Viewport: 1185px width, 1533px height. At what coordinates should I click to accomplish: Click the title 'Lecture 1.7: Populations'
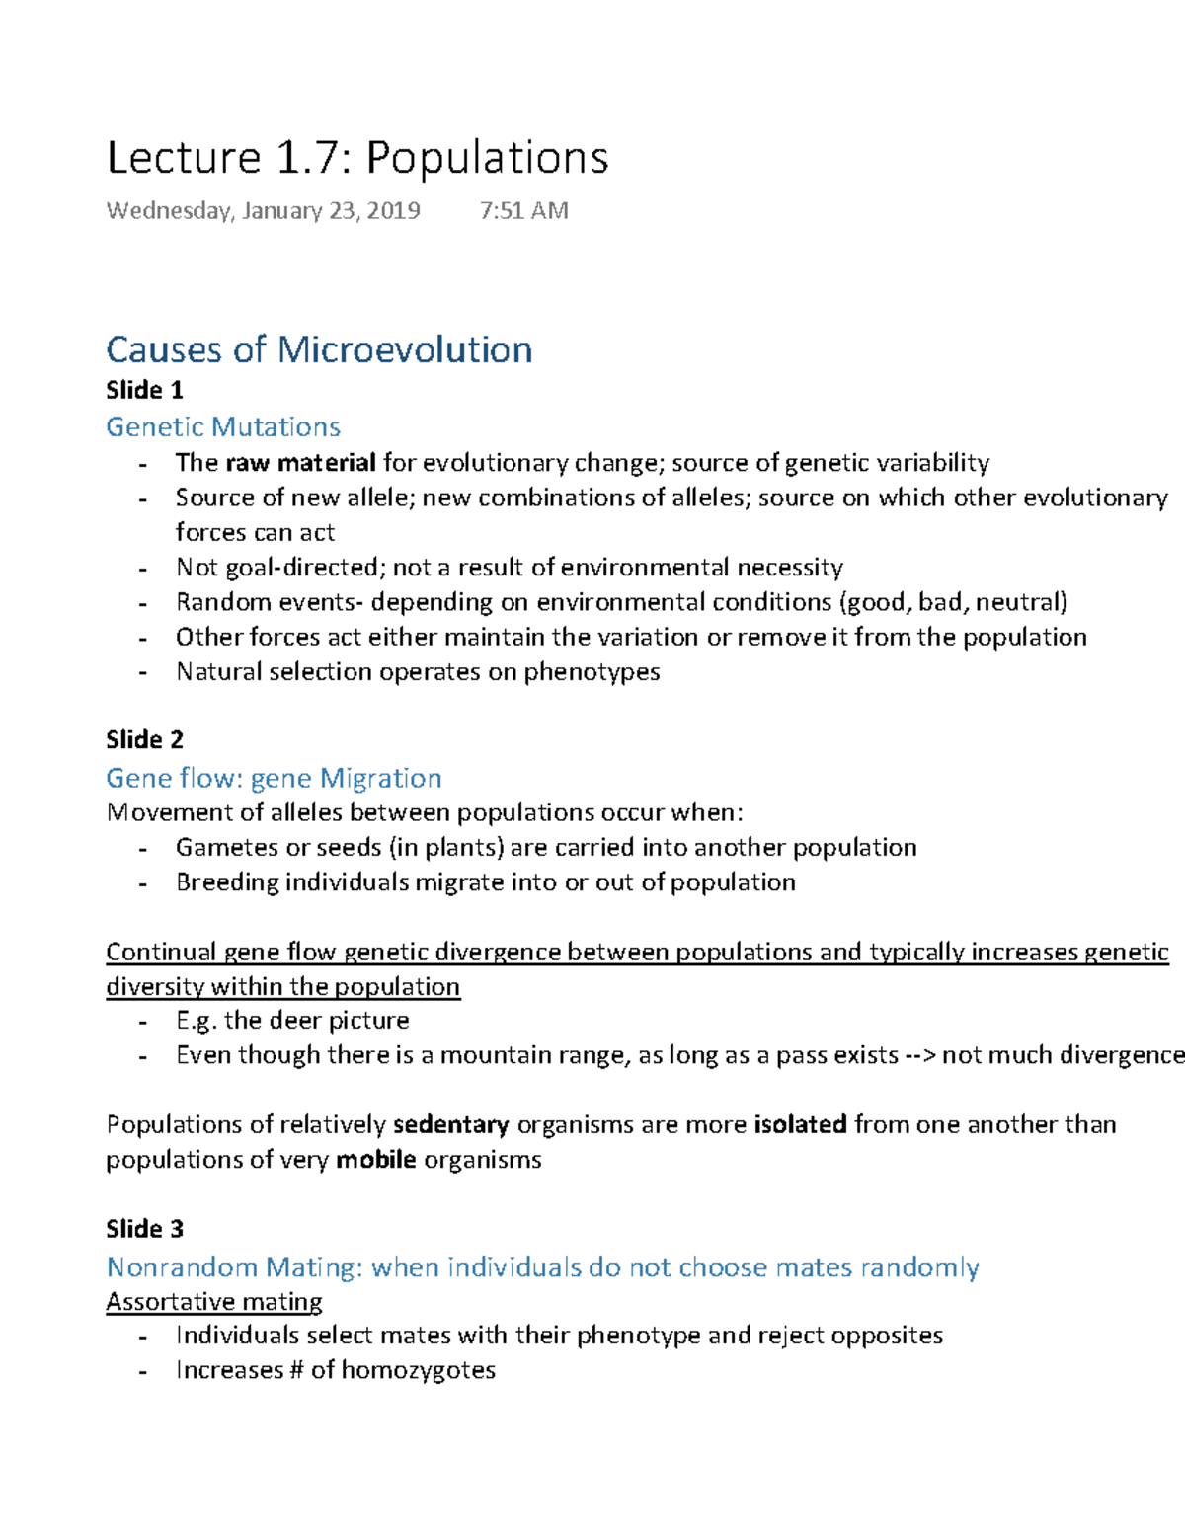[x=357, y=158]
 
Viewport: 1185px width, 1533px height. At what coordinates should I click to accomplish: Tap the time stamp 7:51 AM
[x=523, y=210]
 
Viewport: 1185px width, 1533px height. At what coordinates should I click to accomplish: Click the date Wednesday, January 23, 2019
[x=263, y=210]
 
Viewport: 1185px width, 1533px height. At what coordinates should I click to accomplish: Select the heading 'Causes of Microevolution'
[x=319, y=349]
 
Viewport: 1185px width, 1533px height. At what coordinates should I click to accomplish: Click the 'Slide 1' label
[x=144, y=390]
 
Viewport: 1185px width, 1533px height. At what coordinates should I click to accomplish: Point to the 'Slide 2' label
[x=144, y=739]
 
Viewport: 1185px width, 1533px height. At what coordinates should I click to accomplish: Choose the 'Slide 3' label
[x=144, y=1228]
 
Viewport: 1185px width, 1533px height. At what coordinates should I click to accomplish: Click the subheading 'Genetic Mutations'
[x=223, y=426]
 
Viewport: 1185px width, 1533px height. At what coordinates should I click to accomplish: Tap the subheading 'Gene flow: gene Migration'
[x=274, y=778]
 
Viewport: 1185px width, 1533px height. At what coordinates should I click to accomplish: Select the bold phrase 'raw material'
[x=300, y=462]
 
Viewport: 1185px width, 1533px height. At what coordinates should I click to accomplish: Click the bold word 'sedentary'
[x=450, y=1124]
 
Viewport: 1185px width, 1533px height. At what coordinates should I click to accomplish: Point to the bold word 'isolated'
[x=800, y=1124]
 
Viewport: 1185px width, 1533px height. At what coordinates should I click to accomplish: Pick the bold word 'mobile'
[x=375, y=1159]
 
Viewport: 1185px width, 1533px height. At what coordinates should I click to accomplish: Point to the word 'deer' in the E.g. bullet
[x=294, y=1020]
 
